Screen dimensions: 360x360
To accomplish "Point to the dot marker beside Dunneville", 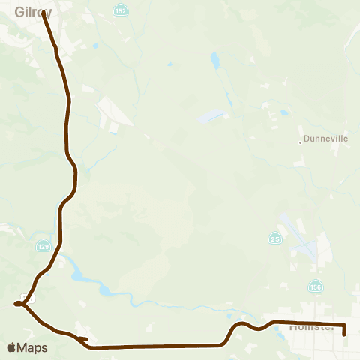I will [x=300, y=140].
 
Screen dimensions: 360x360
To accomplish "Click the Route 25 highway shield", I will [x=275, y=238].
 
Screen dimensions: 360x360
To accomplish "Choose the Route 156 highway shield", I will [x=315, y=286].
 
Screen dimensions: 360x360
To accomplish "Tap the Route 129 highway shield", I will [x=43, y=245].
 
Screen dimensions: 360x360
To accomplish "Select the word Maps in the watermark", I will [x=34, y=347].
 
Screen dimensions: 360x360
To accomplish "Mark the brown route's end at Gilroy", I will [x=43, y=13].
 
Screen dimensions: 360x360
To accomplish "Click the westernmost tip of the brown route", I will [x=15, y=304].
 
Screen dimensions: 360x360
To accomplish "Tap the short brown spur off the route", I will [x=83, y=340].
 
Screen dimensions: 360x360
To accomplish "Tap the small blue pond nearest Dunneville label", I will [x=284, y=113].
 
